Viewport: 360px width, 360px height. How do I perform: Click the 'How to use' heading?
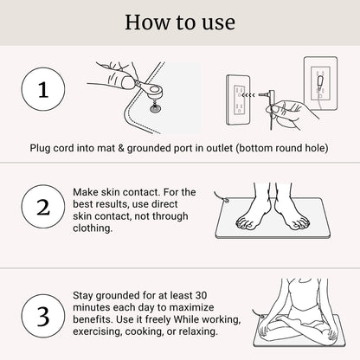[180, 22]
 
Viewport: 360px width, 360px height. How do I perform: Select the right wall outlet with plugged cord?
[320, 87]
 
